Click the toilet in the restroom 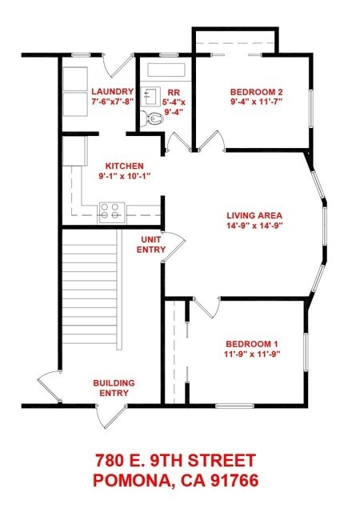(152, 118)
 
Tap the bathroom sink (151, 96)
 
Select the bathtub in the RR (166, 70)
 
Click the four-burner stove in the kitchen (112, 213)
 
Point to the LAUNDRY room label (113, 92)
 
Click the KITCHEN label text (125, 166)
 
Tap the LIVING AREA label (254, 215)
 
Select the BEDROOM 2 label (257, 92)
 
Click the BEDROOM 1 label (252, 344)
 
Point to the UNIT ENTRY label (151, 245)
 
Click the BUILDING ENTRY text (114, 387)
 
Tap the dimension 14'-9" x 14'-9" (254, 226)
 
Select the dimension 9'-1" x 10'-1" (125, 176)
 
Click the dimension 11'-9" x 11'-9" (253, 354)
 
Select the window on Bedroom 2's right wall (311, 108)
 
